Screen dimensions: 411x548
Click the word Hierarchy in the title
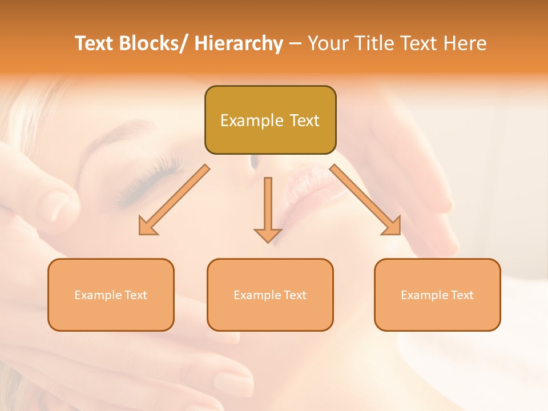[x=239, y=43]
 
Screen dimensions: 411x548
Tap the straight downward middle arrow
[x=268, y=209]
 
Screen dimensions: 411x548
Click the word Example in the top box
[x=244, y=120]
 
